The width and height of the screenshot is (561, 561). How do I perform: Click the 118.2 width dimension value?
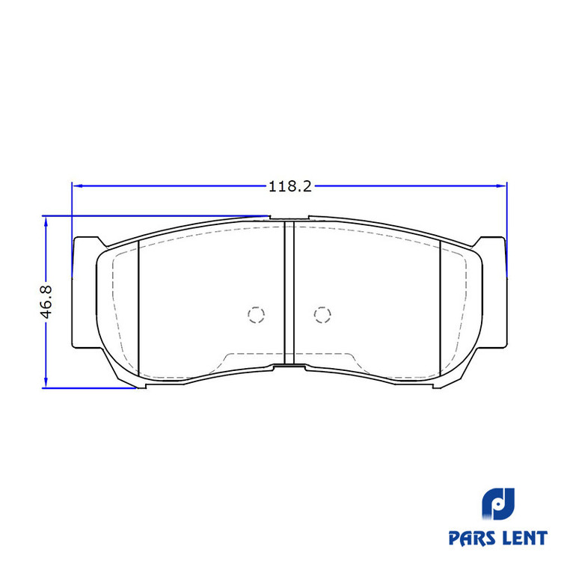click(x=290, y=186)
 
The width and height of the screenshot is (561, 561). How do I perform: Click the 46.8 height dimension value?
click(x=46, y=302)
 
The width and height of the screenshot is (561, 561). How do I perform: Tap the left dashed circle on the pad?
click(x=256, y=315)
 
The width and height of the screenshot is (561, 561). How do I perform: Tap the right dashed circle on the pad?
click(x=322, y=315)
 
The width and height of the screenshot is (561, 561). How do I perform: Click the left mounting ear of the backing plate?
click(x=85, y=292)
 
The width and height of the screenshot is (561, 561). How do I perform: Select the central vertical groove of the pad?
click(x=289, y=292)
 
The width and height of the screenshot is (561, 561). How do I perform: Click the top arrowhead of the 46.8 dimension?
click(x=46, y=222)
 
